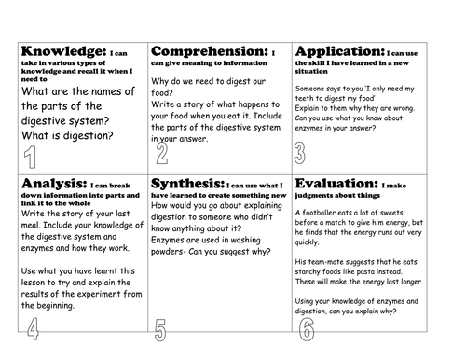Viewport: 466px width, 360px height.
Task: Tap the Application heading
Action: (336, 52)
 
